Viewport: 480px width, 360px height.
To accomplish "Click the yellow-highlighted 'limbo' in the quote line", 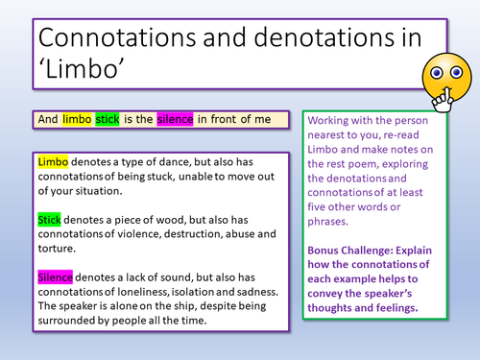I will click(x=77, y=119).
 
